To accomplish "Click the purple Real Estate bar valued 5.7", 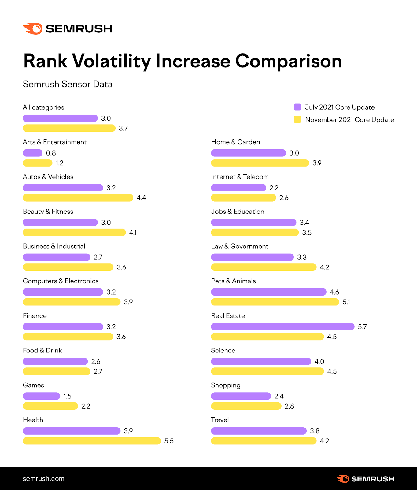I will pyautogui.click(x=282, y=327).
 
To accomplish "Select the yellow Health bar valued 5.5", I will pyautogui.click(x=92, y=441).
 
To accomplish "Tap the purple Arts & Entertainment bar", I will pyautogui.click(x=32, y=153).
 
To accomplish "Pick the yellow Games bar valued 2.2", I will pyautogui.click(x=50, y=406).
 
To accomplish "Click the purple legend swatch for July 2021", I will pyautogui.click(x=297, y=107).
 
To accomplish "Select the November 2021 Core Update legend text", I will pyautogui.click(x=349, y=120).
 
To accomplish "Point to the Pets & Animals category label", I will pyautogui.click(x=233, y=281).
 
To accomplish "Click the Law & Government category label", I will pyautogui.click(x=239, y=246).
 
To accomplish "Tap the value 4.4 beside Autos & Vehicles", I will pyautogui.click(x=141, y=198).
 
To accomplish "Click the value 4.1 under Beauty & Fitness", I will pyautogui.click(x=133, y=232).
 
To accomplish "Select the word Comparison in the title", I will pyautogui.click(x=288, y=61).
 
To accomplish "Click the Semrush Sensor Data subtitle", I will pyautogui.click(x=68, y=84).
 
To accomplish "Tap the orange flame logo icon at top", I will pyautogui.click(x=33, y=28).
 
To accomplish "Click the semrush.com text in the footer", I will pyautogui.click(x=43, y=479).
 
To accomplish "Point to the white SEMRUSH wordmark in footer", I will pyautogui.click(x=372, y=479).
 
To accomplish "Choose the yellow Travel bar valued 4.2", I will pyautogui.click(x=264, y=441).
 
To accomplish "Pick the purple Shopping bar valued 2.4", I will pyautogui.click(x=241, y=396).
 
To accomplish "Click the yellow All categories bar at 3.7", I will pyautogui.click(x=69, y=128).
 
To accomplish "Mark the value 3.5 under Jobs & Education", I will pyautogui.click(x=307, y=232).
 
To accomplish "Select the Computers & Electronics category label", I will pyautogui.click(x=61, y=281).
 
